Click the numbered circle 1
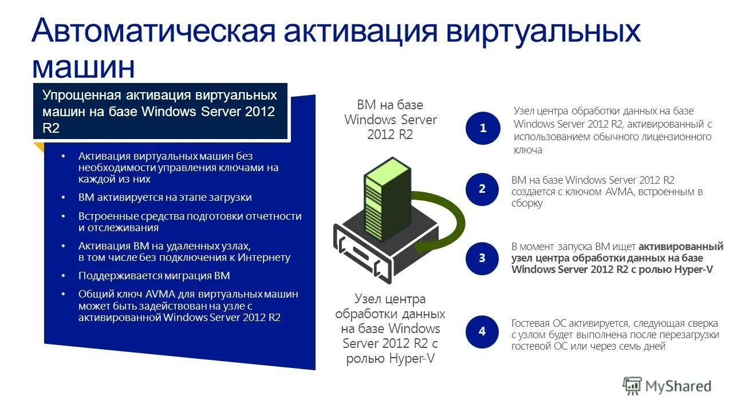(483, 128)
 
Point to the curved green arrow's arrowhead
(421, 247)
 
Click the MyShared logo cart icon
(632, 386)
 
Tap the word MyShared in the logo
(678, 386)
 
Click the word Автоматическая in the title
(154, 31)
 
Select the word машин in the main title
(84, 67)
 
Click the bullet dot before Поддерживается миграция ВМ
(64, 276)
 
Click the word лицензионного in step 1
(681, 137)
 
